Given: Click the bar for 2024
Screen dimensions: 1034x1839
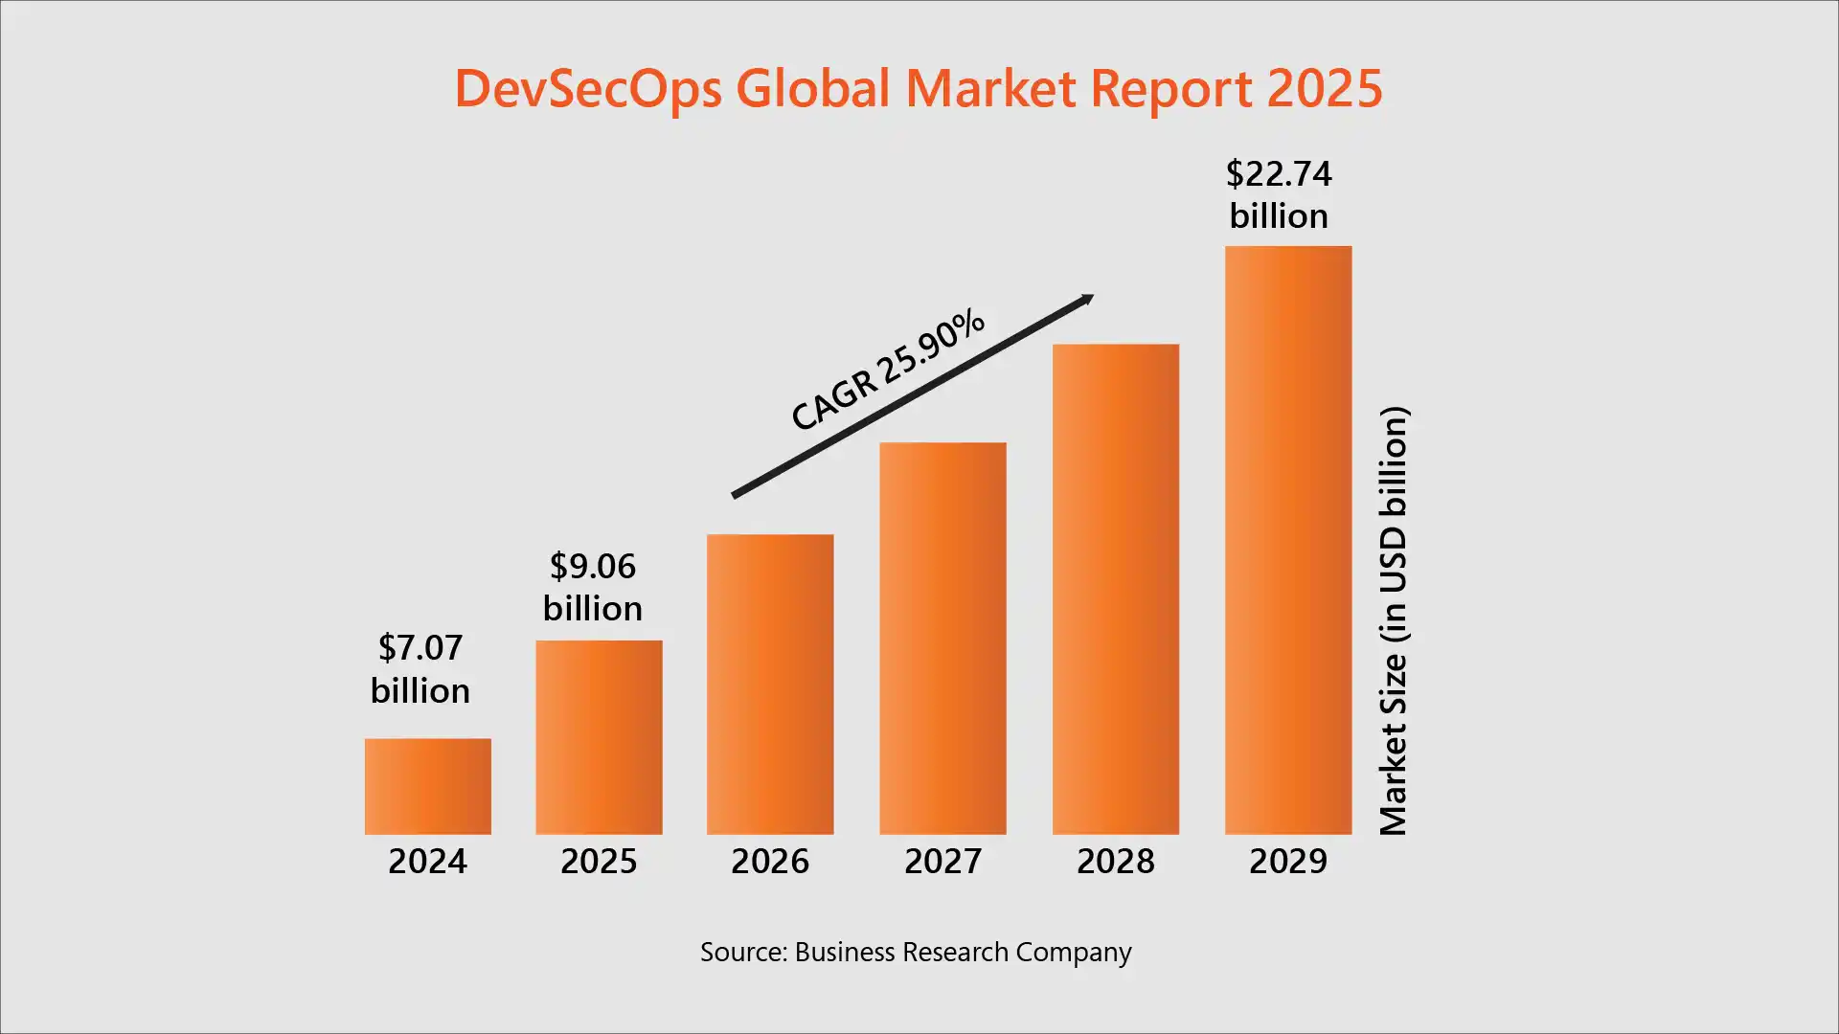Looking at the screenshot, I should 427,786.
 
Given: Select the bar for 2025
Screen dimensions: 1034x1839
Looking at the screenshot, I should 599,737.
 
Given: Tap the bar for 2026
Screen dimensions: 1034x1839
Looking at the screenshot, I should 770,684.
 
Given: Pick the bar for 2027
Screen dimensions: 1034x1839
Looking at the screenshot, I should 942,638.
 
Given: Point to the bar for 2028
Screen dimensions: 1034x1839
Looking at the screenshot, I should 1115,589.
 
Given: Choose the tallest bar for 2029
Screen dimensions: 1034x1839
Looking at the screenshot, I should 1288,540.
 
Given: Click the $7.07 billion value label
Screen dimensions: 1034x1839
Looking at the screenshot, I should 420,669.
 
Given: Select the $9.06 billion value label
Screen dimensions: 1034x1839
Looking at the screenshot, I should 592,587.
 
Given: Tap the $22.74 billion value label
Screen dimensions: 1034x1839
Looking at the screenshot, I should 1279,194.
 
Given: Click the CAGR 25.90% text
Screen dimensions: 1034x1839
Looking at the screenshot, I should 887,370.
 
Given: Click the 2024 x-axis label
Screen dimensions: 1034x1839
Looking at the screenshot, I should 427,862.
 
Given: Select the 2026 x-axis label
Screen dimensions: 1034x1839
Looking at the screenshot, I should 770,862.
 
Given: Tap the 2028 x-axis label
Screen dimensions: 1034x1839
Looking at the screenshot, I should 1115,862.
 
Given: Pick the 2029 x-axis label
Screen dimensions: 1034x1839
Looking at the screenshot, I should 1288,862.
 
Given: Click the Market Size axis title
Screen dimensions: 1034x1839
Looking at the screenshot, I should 1394,620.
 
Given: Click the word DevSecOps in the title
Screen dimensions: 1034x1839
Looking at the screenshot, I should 587,89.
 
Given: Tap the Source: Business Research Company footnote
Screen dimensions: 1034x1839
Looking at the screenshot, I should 916,953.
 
